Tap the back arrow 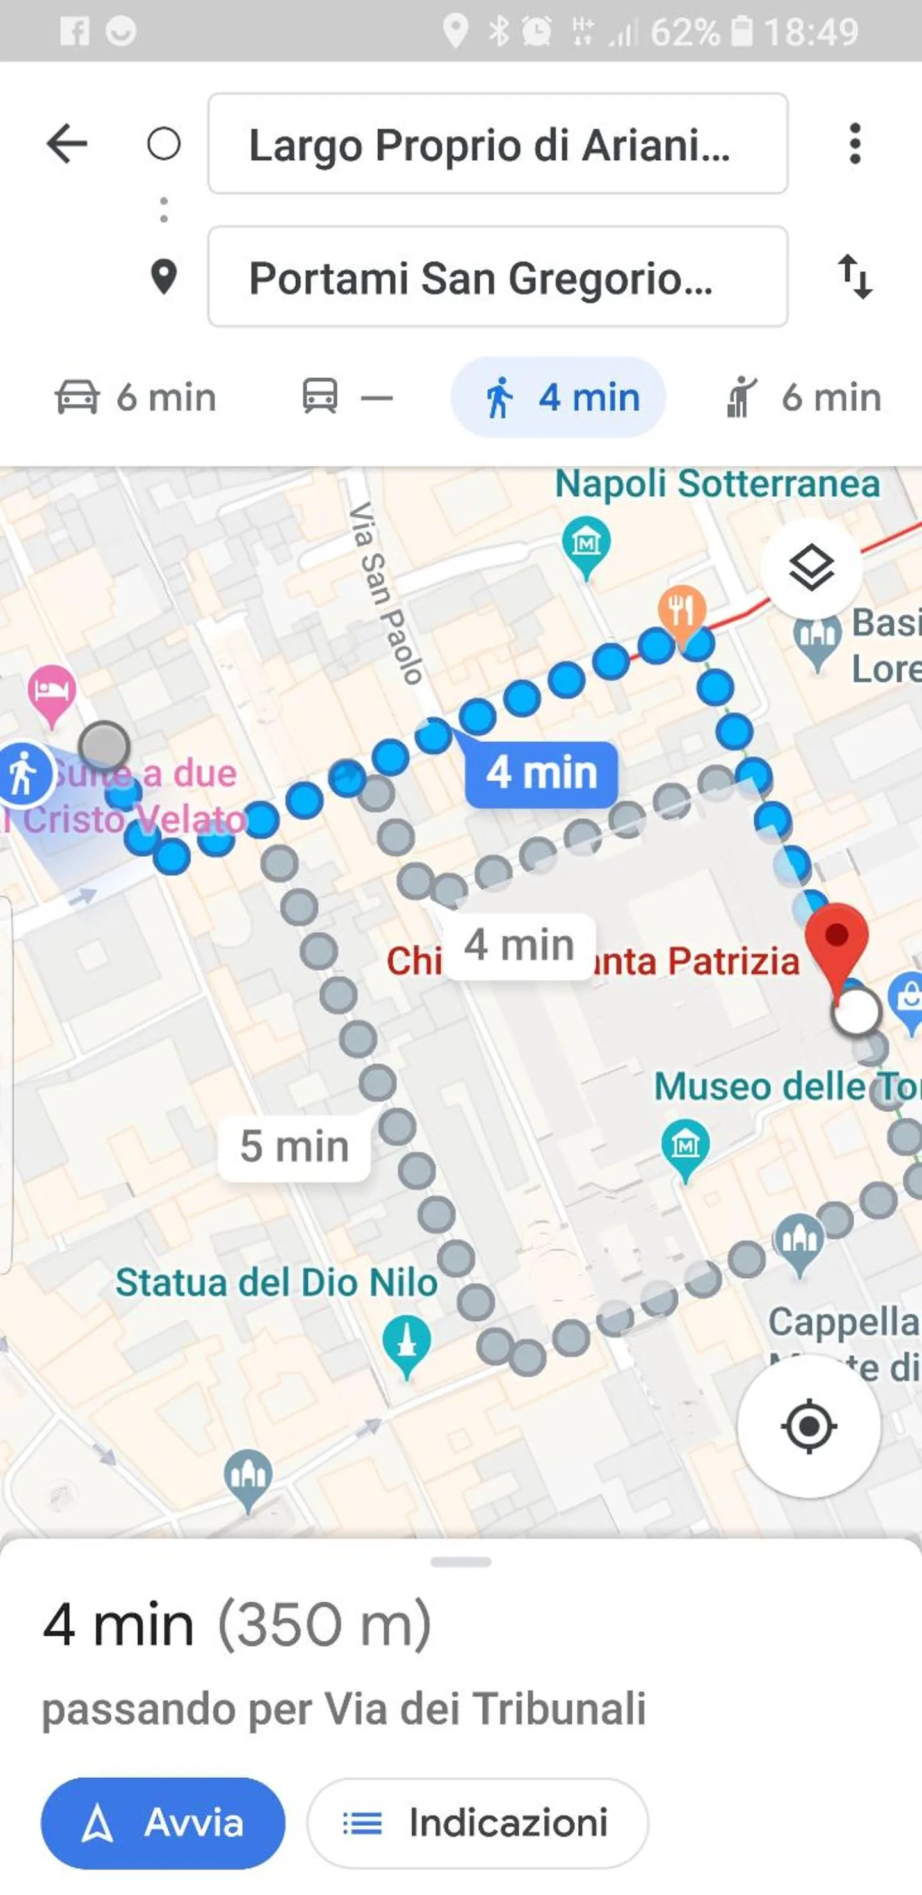[x=67, y=143]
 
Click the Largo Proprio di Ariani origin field [x=497, y=144]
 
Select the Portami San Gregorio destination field [x=497, y=277]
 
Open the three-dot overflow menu [x=854, y=143]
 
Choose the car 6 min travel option [x=136, y=397]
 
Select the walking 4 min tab [x=558, y=397]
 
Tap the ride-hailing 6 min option [x=803, y=397]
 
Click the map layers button [x=811, y=567]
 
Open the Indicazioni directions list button [x=477, y=1823]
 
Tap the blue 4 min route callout [x=541, y=773]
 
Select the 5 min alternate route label [x=294, y=1147]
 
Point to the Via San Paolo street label [x=385, y=592]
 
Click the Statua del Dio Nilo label [x=277, y=1283]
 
